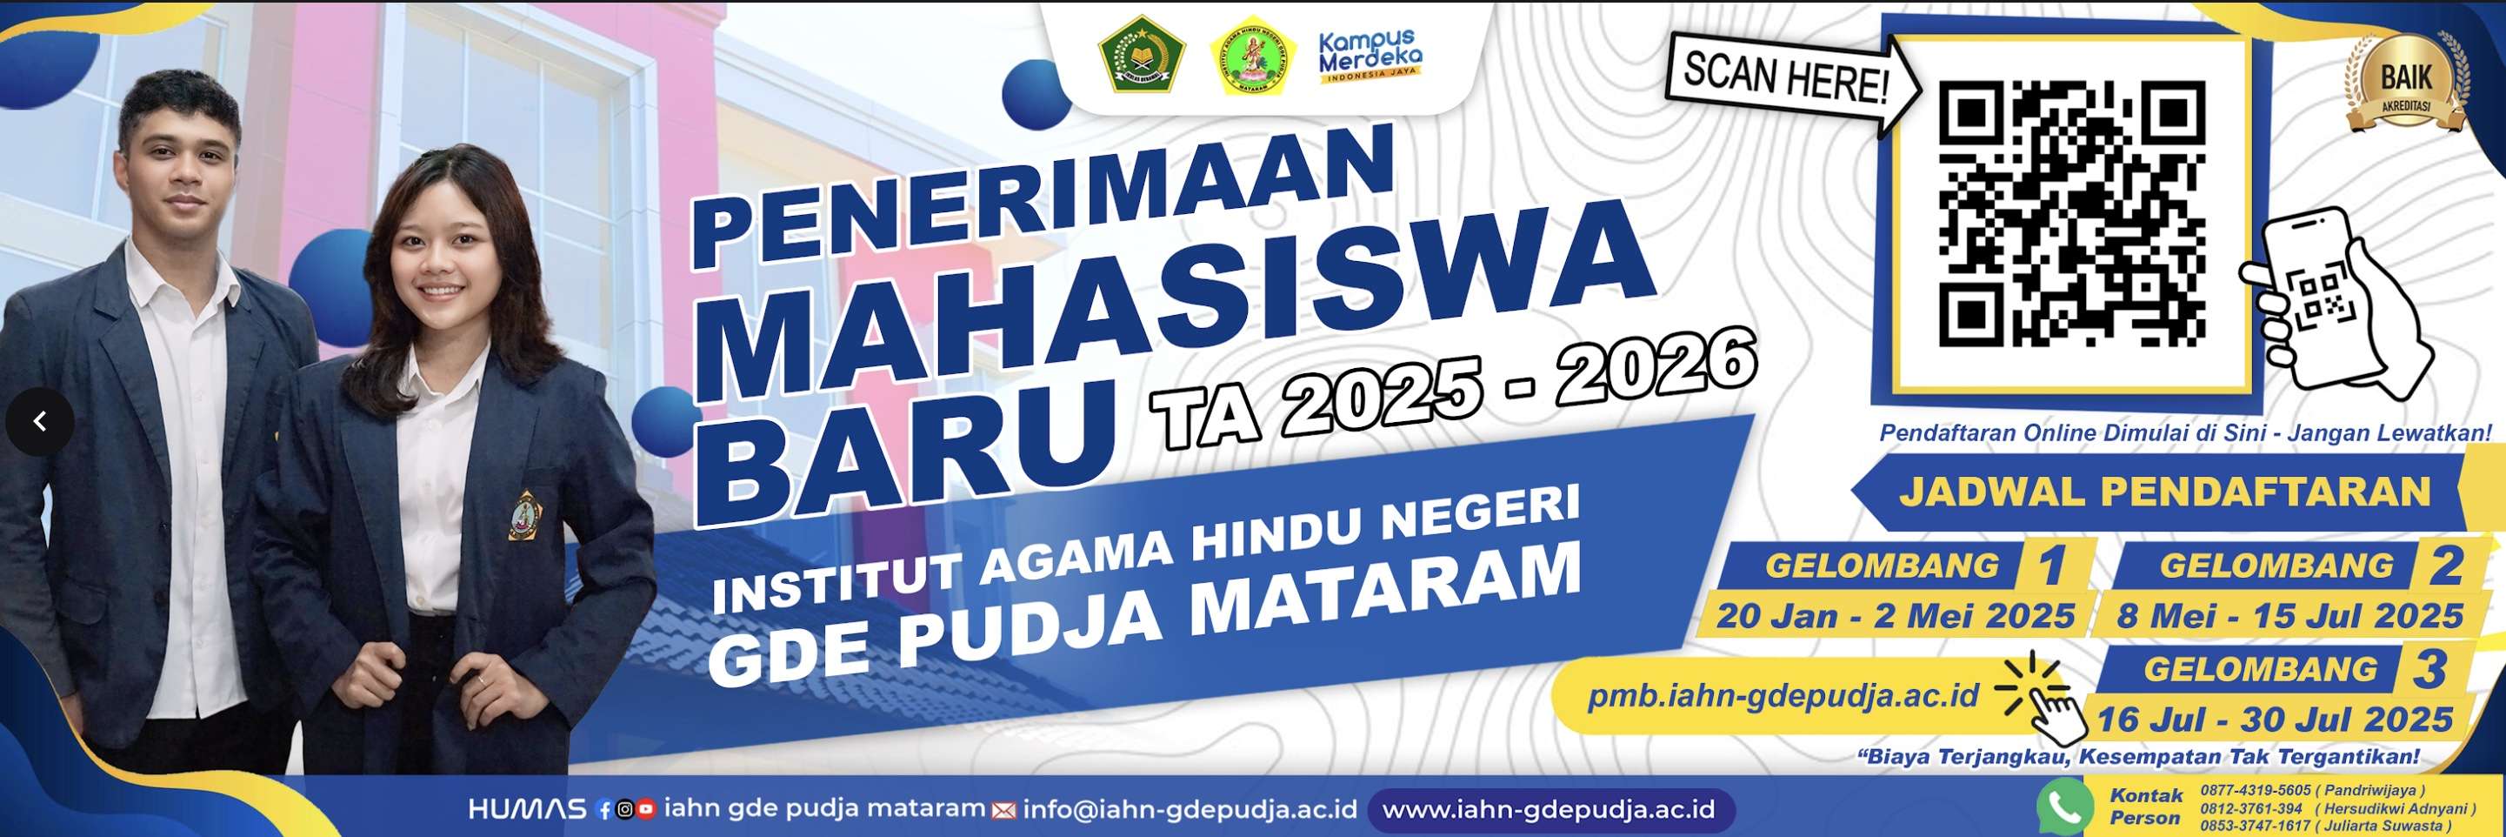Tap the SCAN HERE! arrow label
tap(1786, 77)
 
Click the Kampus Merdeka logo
tap(1369, 57)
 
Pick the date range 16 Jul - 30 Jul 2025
tap(2274, 720)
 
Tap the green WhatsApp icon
tap(2063, 807)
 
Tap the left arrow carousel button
tap(40, 421)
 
